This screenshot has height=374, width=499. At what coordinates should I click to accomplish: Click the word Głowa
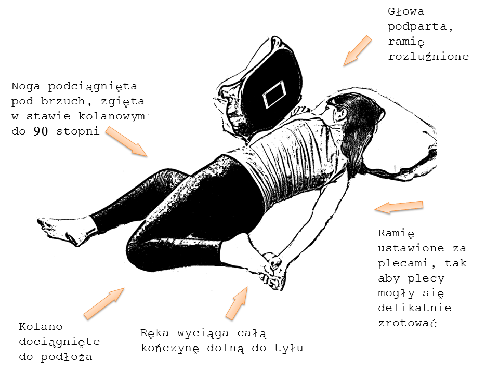click(406, 11)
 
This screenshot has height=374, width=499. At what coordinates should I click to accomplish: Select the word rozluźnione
click(428, 57)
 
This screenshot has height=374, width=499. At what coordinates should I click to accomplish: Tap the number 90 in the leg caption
click(41, 131)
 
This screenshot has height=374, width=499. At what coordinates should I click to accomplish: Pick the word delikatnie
click(415, 308)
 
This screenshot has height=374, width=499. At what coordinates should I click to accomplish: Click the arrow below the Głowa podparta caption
click(357, 50)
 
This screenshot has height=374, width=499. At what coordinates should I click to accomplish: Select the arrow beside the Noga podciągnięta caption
click(126, 141)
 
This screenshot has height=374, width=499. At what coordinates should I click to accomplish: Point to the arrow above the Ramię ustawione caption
click(399, 207)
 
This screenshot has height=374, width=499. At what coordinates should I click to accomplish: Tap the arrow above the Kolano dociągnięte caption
click(104, 303)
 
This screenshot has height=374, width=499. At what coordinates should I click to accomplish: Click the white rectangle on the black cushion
click(273, 94)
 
